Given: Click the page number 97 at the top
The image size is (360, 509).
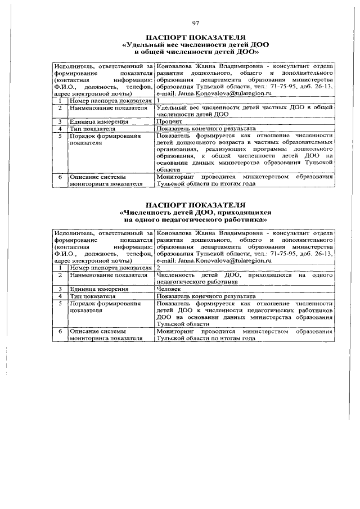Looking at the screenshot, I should coord(196,23).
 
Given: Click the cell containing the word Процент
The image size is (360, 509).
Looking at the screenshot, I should coord(169,121).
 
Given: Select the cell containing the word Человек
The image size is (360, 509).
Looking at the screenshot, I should coord(170,289).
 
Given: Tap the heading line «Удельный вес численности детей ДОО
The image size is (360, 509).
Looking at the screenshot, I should coord(196,44).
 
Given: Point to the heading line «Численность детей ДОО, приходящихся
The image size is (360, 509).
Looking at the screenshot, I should coord(196,213).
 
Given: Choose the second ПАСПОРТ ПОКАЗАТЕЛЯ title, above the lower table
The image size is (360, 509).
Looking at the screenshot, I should coord(196,205).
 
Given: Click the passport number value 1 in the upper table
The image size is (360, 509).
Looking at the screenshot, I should coord(159,100).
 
